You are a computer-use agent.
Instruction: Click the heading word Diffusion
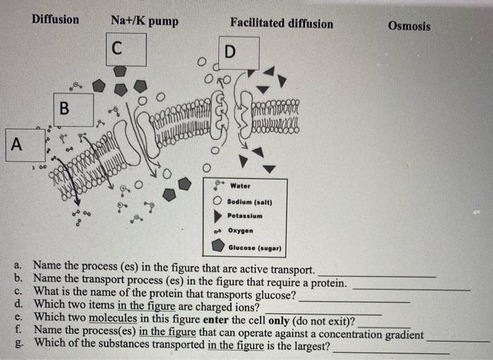tap(55, 19)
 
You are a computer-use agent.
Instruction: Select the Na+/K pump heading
tap(144, 22)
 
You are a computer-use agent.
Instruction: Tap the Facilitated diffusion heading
tap(281, 23)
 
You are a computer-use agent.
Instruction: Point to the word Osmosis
tap(408, 26)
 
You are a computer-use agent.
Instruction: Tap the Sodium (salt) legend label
tap(249, 202)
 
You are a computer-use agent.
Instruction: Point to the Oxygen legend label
tap(241, 230)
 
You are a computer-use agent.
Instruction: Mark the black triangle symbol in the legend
tap(218, 216)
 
